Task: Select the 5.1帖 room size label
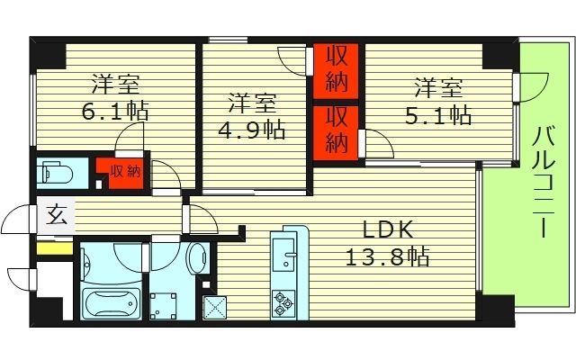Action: tap(439, 114)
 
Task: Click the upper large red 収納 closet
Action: tap(336, 70)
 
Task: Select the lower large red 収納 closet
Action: tap(336, 131)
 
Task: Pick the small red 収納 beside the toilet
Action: tap(125, 171)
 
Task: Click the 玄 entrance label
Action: tap(56, 216)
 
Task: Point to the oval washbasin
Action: tap(198, 259)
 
